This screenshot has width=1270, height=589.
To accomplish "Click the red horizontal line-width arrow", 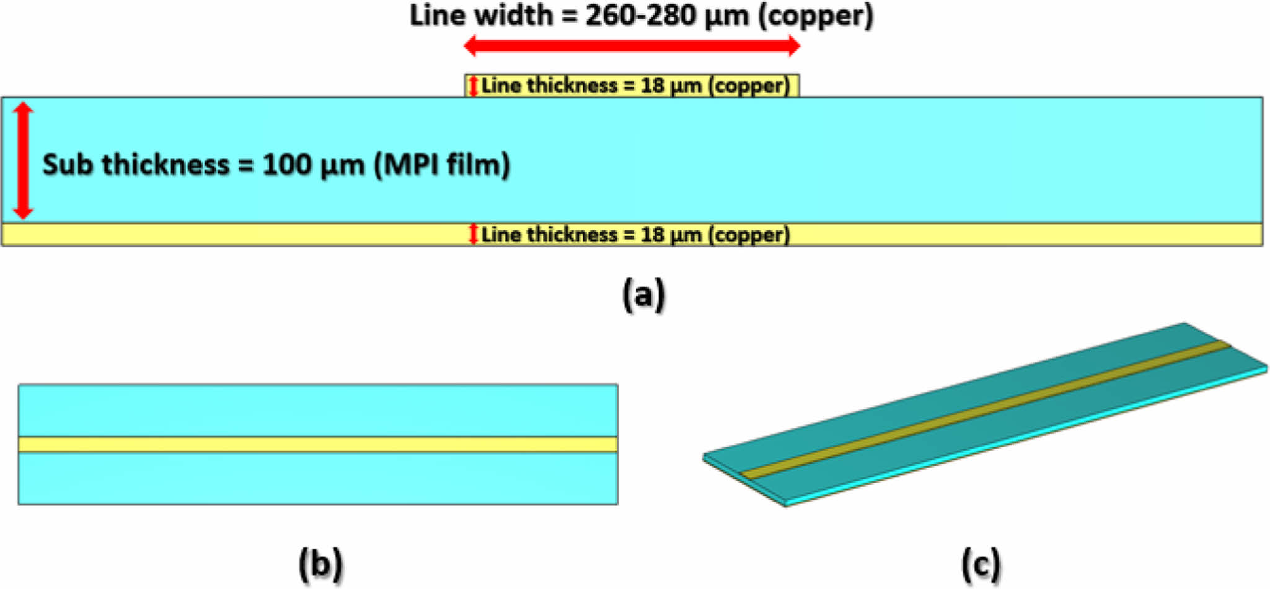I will (x=632, y=46).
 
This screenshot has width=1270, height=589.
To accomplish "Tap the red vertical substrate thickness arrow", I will (x=23, y=161).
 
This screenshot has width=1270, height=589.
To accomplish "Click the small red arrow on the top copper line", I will (x=473, y=85).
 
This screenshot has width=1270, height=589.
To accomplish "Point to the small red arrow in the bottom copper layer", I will (x=473, y=234).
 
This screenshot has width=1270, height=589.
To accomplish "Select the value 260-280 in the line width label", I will (x=640, y=15).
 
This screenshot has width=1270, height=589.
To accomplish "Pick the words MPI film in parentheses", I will (x=442, y=165).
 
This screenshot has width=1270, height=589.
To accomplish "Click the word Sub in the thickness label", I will (x=68, y=165).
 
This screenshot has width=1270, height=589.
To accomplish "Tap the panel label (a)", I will (x=643, y=294).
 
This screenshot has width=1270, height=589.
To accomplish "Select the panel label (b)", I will (x=320, y=564).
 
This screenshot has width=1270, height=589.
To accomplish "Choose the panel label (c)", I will (x=981, y=564).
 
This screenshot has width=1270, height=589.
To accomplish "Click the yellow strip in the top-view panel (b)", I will (x=318, y=444).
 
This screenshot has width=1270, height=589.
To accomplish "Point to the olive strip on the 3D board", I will (x=986, y=409).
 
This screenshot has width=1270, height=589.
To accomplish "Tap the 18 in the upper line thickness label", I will (x=652, y=85).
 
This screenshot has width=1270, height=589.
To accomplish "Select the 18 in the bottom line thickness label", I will (x=652, y=235).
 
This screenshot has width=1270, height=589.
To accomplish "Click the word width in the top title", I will (x=513, y=15).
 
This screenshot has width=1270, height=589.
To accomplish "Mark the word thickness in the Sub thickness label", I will (x=165, y=165).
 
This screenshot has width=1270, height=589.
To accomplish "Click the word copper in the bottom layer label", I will (x=749, y=235).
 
